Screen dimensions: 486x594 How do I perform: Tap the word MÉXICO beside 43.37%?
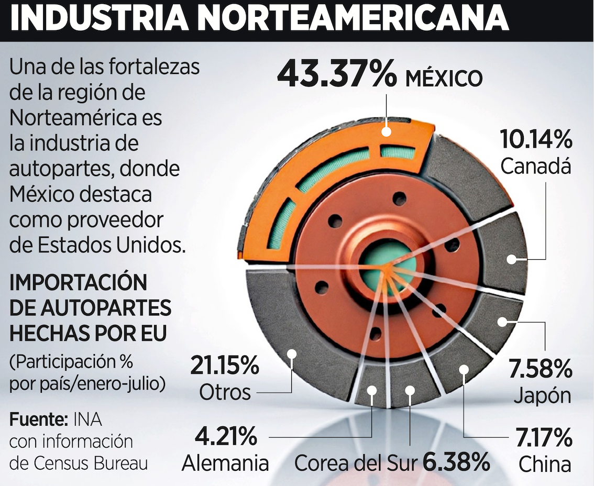(444, 79)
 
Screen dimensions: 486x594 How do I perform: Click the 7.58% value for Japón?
(540, 370)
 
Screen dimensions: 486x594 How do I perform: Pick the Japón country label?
(542, 395)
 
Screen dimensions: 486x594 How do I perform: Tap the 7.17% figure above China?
(543, 438)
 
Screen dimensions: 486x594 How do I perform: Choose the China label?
(544, 464)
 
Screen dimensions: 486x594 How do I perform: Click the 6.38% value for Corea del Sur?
(456, 462)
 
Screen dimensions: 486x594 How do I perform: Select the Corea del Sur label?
(356, 462)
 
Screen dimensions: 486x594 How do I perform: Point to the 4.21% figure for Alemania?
(226, 436)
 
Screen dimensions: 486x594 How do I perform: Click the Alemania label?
(226, 463)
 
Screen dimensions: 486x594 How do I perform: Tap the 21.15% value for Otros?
(224, 366)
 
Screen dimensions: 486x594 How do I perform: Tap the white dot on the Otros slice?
(292, 354)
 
